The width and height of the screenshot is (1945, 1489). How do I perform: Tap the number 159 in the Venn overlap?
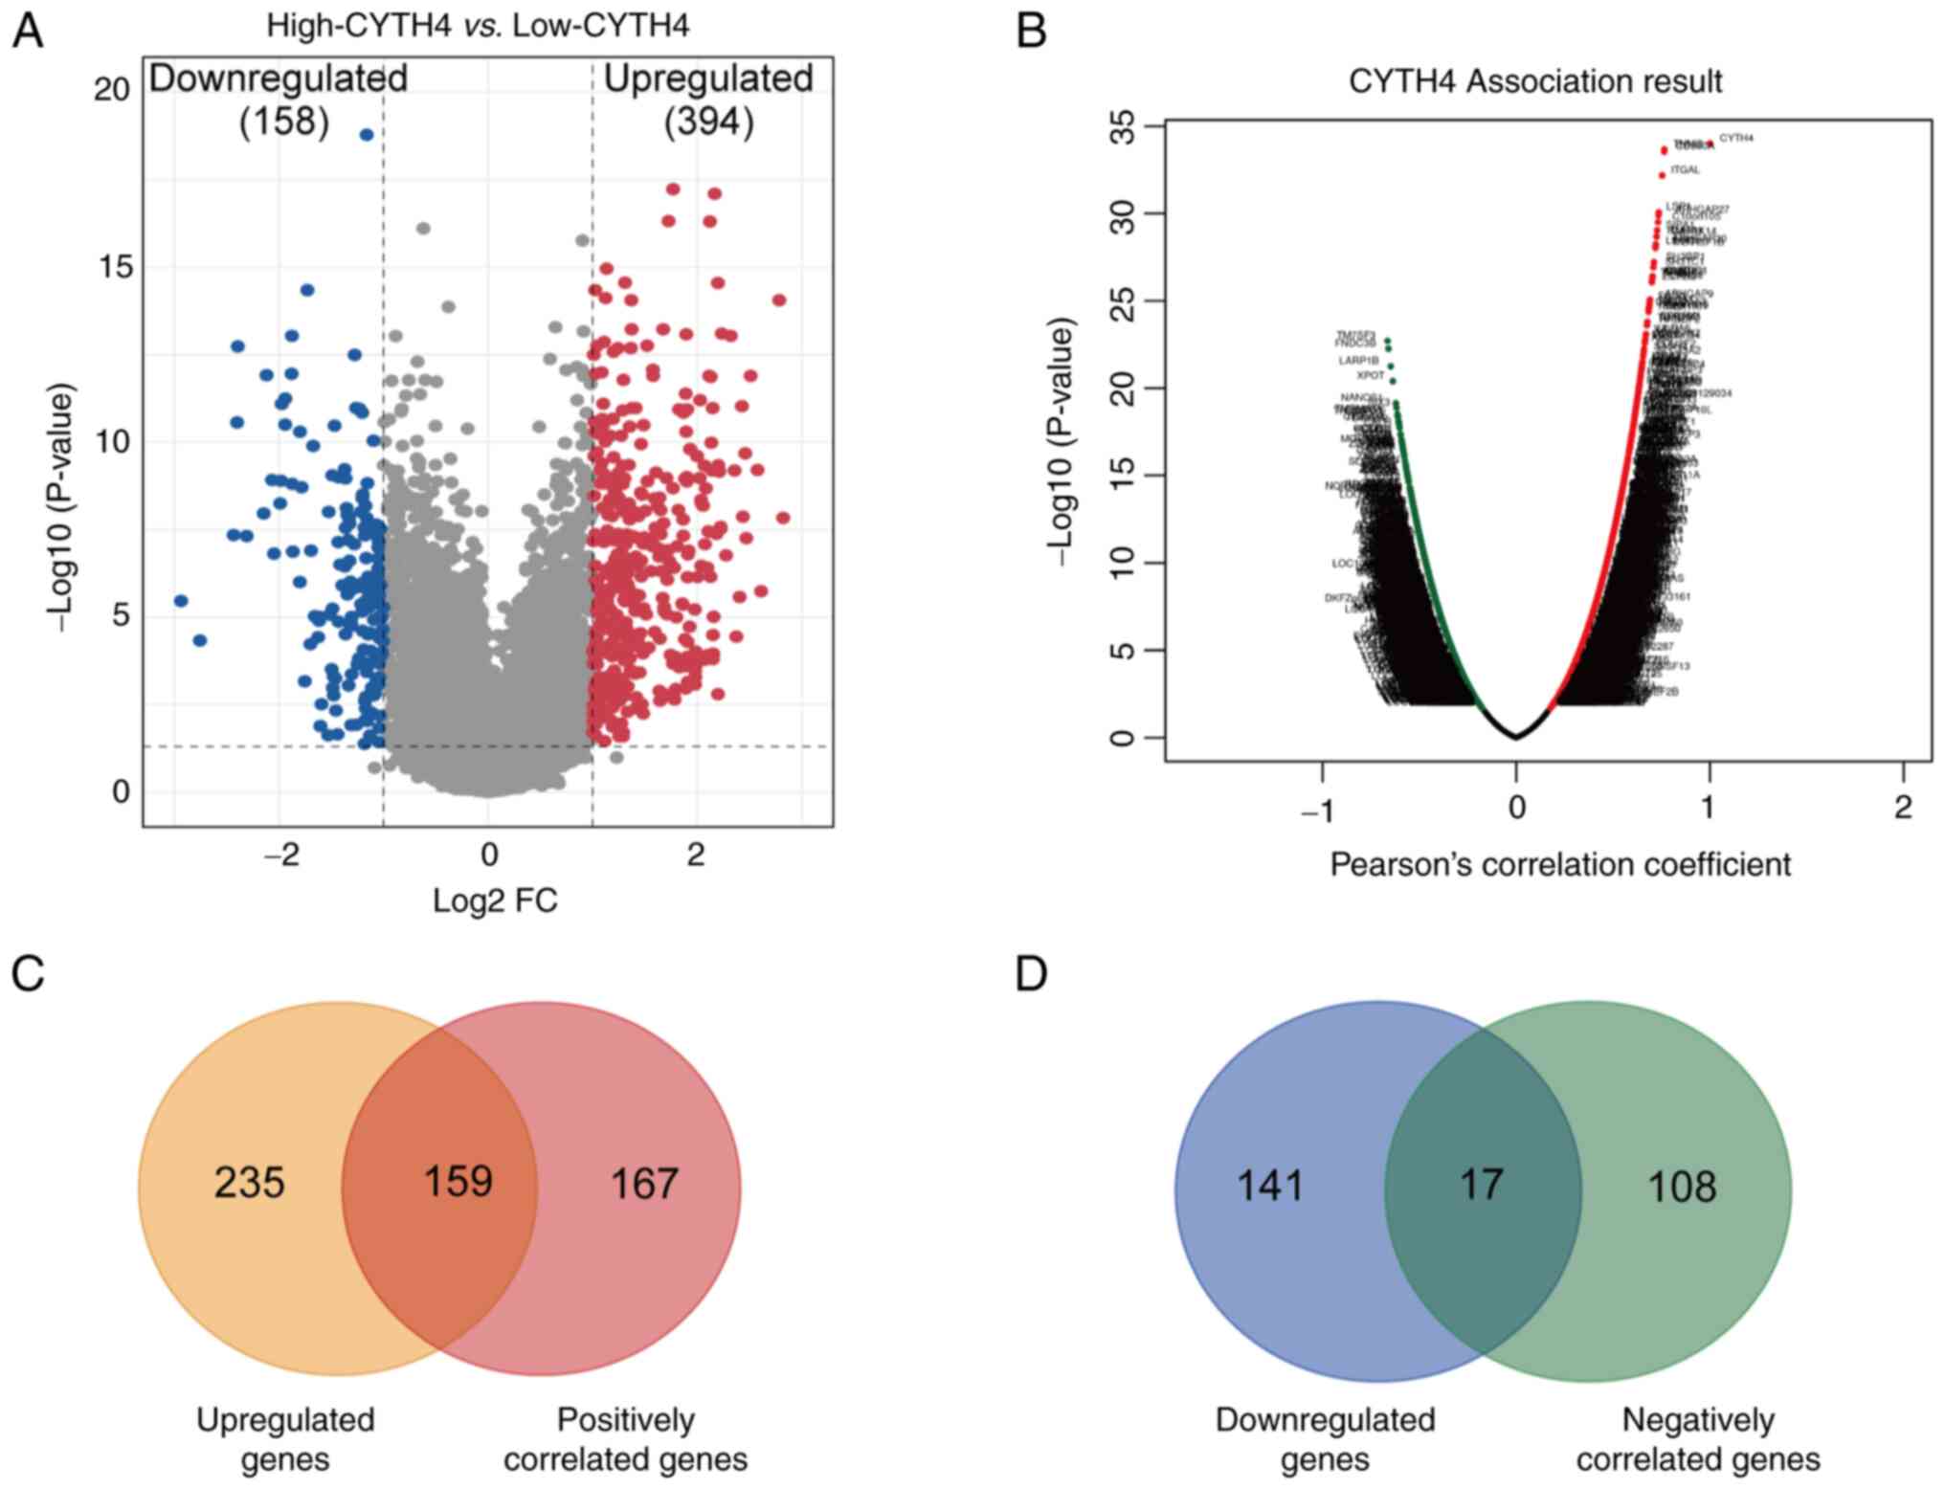[458, 1181]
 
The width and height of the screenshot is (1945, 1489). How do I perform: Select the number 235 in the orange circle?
[249, 1183]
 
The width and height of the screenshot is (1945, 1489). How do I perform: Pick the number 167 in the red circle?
[644, 1184]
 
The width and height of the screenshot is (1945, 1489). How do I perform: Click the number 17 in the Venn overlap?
[1481, 1184]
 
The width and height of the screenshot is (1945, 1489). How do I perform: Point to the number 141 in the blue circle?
[1270, 1187]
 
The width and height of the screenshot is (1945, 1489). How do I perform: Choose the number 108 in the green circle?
[1682, 1187]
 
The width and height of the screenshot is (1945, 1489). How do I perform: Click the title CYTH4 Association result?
[1534, 81]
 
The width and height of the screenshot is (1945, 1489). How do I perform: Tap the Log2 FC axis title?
[495, 900]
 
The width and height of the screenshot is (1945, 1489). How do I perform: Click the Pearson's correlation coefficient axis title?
[1560, 864]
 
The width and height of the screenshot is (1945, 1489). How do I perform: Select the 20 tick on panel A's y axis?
[111, 89]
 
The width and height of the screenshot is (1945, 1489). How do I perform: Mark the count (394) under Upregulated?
[708, 122]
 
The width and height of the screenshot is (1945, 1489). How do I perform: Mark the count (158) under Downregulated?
[283, 122]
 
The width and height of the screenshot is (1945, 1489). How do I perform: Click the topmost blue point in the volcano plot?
[366, 135]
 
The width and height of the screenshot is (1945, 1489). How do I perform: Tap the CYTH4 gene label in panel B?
[1736, 138]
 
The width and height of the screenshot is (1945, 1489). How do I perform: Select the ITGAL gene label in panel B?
[1685, 170]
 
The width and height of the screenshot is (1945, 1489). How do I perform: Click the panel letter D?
[1031, 974]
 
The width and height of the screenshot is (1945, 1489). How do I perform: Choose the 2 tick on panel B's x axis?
[1903, 809]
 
